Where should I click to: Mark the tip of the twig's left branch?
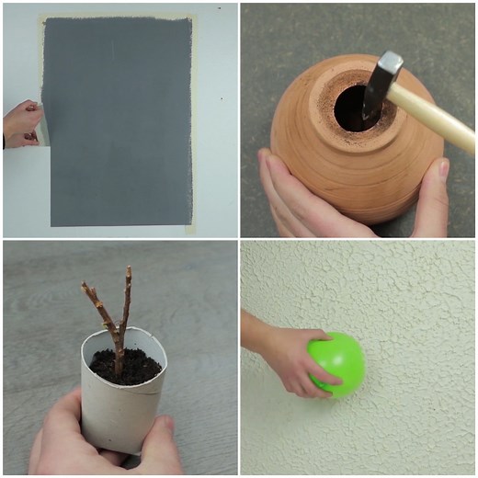[84, 287]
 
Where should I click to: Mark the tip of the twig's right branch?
[129, 269]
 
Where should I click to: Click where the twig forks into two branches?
[118, 331]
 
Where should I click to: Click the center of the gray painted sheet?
[118, 119]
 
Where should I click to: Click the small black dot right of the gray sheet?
[222, 97]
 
